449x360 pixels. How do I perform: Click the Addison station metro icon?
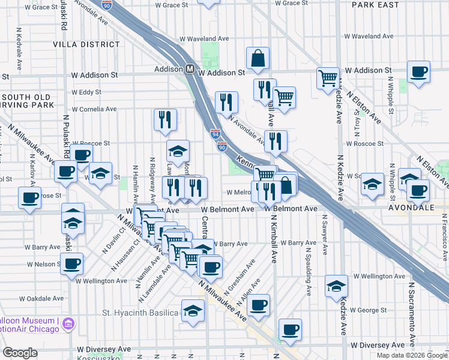[188, 70]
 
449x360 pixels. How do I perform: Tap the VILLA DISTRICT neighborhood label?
[86, 44]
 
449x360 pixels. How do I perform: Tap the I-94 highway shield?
[215, 134]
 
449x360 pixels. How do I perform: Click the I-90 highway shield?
[223, 146]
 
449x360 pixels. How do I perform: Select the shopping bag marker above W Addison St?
[258, 59]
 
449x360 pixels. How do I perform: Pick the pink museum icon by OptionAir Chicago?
[68, 324]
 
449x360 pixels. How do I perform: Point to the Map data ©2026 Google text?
[411, 355]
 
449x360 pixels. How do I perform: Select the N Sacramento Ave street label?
[412, 316]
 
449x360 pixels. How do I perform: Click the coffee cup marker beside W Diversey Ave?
[290, 329]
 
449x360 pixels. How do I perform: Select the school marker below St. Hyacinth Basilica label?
[193, 312]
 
